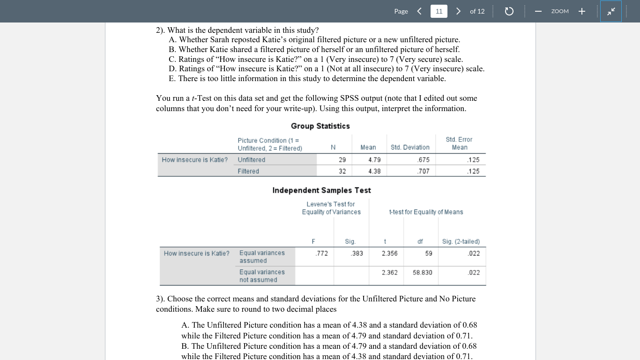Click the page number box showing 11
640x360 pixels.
tap(439, 11)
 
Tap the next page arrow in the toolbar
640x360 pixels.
tap(458, 11)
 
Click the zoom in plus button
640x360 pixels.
tap(581, 11)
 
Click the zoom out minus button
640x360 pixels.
tap(538, 11)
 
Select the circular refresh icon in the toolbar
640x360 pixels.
tap(509, 11)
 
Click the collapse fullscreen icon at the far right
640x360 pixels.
tap(611, 11)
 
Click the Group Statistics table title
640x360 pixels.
tap(320, 126)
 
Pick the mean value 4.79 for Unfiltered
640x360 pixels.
tap(374, 160)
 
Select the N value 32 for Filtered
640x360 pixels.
tap(342, 171)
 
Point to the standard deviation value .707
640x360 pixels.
tap(423, 171)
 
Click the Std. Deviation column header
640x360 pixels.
tap(410, 147)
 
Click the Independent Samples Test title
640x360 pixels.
tap(321, 190)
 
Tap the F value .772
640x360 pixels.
tap(321, 253)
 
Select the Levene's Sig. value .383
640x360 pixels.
tap(357, 253)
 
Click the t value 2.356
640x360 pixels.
tap(389, 253)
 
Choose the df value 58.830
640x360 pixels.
tap(422, 272)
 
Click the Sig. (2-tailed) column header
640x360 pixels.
tap(461, 241)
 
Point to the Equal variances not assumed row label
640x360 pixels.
tap(262, 276)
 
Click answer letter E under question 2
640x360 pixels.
tap(172, 79)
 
